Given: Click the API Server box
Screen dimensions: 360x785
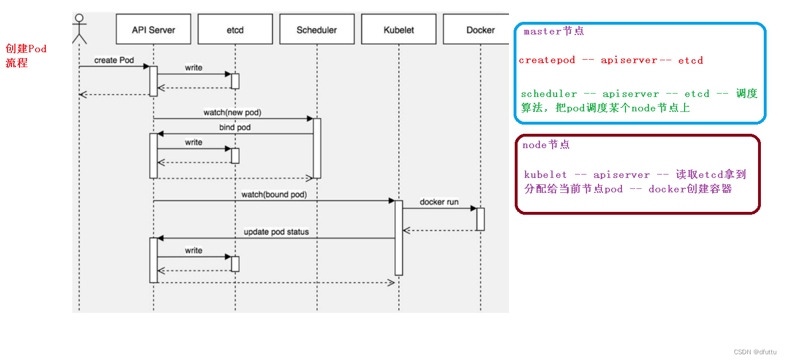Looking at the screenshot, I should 153,29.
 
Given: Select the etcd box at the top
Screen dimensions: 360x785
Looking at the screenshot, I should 235,29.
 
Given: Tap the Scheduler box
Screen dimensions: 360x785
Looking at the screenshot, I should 317,29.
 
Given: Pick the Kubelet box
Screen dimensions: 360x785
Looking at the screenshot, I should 399,29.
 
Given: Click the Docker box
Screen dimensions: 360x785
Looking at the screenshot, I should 480,29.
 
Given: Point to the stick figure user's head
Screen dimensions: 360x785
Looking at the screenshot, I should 79,18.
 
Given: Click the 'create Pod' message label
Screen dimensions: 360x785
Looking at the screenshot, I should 114,60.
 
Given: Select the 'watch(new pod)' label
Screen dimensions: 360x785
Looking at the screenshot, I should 236,113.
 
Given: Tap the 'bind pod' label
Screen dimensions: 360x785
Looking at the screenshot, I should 235,127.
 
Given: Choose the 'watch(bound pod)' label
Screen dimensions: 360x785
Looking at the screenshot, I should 274,195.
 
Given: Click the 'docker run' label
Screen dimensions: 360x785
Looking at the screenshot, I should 439,202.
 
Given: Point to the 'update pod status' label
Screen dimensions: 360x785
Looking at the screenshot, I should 276,232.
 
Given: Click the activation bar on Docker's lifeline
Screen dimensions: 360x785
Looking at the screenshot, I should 480,219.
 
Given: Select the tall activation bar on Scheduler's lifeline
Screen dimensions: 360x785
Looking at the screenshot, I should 317,148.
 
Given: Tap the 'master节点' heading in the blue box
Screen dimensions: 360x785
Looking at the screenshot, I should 554,32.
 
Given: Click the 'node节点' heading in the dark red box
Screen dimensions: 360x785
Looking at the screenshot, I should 546,145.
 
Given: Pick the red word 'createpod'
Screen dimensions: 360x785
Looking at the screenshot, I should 547,60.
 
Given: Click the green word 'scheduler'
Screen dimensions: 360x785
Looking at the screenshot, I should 549,94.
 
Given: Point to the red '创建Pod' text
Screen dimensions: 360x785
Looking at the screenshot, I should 26,49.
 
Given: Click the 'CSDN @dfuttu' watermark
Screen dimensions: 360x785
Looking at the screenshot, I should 755,351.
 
